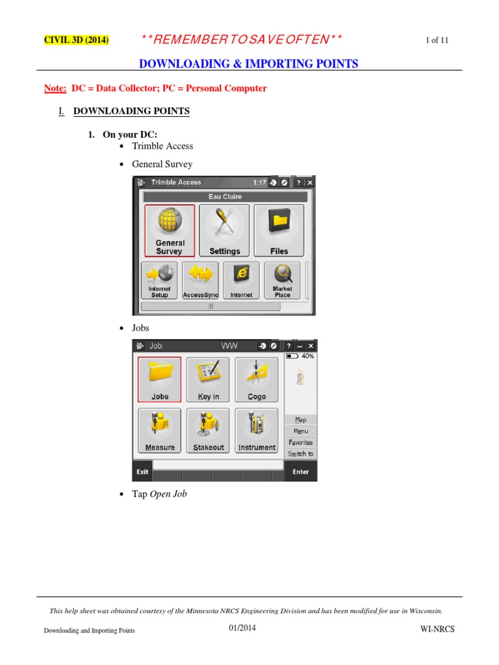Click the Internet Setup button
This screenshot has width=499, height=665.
pos(160,280)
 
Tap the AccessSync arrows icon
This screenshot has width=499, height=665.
pos(200,280)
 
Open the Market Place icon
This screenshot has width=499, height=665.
pos(282,280)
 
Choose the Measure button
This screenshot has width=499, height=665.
pos(160,430)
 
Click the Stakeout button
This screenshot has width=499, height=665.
pos(208,430)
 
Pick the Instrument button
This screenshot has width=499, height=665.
pos(256,430)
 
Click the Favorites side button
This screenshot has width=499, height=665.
pos(300,442)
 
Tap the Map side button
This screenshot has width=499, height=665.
pos(300,420)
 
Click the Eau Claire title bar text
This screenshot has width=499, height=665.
pos(224,196)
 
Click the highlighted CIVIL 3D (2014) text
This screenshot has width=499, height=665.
pos(76,40)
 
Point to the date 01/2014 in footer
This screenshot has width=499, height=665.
pos(242,627)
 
